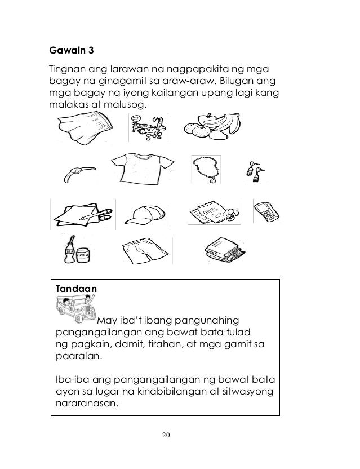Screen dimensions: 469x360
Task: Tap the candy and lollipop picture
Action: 148,128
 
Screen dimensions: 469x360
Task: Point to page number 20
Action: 166,435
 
